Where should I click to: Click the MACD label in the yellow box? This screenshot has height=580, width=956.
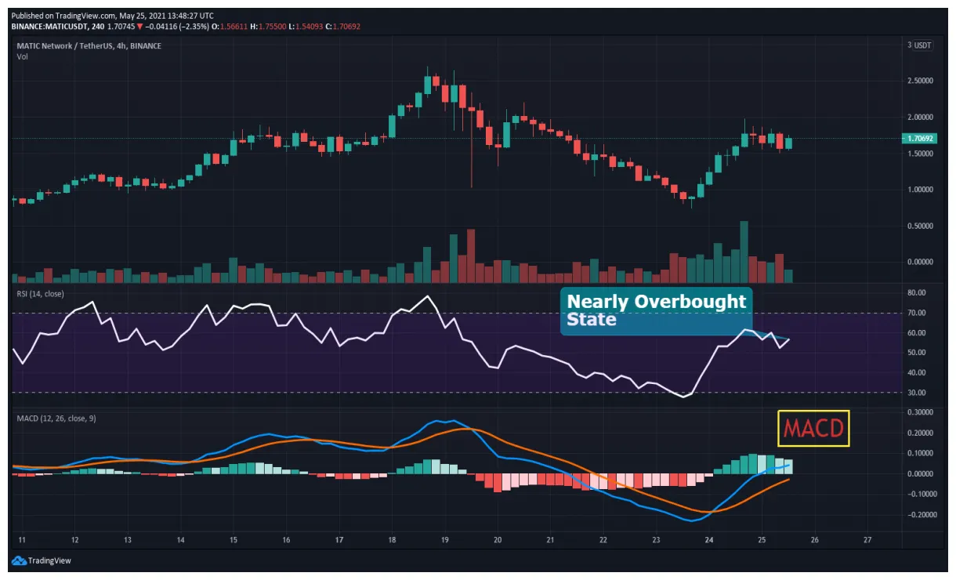[x=813, y=429]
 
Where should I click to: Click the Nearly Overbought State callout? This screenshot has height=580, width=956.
[x=657, y=310]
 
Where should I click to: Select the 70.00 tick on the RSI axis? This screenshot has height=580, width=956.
[x=916, y=313]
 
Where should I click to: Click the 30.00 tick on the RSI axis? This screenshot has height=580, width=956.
[x=916, y=393]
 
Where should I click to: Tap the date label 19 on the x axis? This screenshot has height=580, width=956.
[x=444, y=540]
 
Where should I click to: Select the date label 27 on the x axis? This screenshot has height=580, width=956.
[x=867, y=540]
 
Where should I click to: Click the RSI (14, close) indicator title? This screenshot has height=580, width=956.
[x=40, y=294]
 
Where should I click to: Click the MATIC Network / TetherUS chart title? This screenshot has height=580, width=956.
[x=89, y=46]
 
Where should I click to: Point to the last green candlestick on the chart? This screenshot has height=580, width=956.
[x=788, y=143]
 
